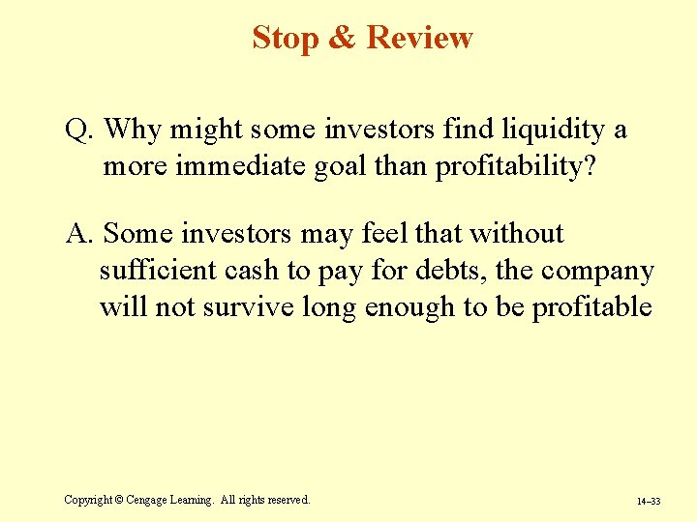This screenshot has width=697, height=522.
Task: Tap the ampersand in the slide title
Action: coord(343,38)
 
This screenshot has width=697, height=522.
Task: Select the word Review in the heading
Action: coord(420,38)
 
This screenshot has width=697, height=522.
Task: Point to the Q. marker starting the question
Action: coord(78,130)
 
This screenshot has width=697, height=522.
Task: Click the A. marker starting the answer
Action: coord(79,234)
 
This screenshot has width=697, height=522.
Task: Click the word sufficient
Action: coord(158,271)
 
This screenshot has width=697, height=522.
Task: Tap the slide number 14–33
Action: coord(648,502)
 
